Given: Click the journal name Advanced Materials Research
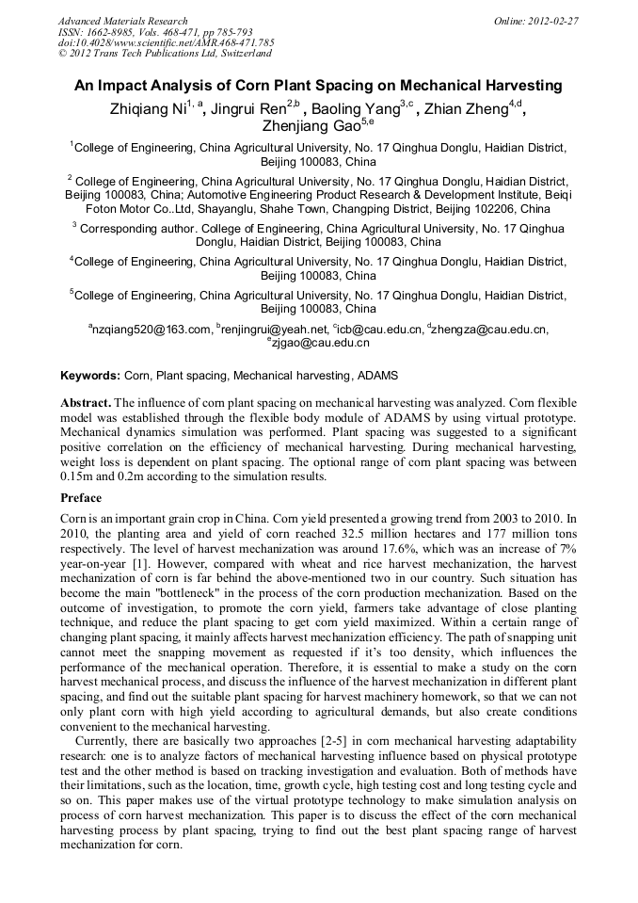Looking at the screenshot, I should point(122,21).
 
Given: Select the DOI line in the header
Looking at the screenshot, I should point(166,42).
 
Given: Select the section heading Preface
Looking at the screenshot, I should point(81,498).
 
